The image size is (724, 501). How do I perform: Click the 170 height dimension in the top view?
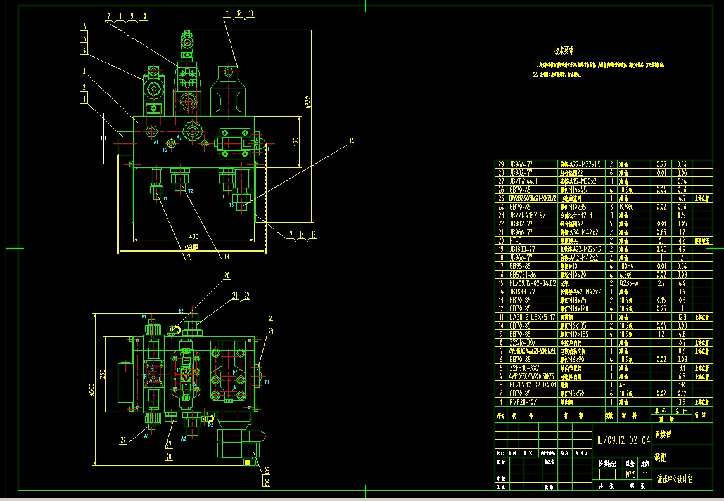[295, 142]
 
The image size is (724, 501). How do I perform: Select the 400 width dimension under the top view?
[193, 237]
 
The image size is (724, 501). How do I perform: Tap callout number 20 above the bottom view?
[227, 276]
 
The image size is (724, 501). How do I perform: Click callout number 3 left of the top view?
[83, 70]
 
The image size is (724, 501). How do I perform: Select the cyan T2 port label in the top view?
[189, 191]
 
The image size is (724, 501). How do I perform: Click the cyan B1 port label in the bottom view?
[144, 316]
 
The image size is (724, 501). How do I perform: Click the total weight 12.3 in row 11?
[682, 316]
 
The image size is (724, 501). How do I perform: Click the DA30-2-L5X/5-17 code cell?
[532, 316]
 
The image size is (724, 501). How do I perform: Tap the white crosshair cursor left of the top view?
[103, 136]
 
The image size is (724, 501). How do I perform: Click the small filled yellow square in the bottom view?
[246, 463]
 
